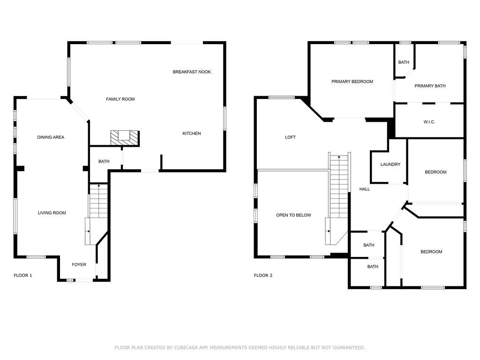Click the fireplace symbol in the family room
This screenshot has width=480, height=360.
tap(125, 138)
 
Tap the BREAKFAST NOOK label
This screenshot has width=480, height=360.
tap(192, 72)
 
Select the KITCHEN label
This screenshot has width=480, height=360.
tap(192, 134)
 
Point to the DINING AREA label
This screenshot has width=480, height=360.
tap(51, 137)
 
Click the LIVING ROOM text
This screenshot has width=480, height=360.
tap(52, 213)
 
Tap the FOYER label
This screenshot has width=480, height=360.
tap(79, 264)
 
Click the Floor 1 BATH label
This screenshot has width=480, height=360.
tap(104, 161)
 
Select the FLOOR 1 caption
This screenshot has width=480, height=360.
tap(23, 275)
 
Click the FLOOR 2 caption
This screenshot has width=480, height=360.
tap(263, 275)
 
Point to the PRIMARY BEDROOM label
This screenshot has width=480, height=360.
tap(352, 82)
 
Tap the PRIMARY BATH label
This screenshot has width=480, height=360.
tap(430, 86)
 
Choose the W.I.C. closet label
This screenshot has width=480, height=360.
tap(429, 122)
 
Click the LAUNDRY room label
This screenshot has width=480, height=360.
tap(390, 165)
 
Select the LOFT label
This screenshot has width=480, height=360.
tap(290, 137)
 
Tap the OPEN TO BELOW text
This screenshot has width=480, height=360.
tap(293, 215)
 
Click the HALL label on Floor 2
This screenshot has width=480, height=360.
tap(365, 189)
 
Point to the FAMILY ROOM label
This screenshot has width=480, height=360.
tap(120, 99)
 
